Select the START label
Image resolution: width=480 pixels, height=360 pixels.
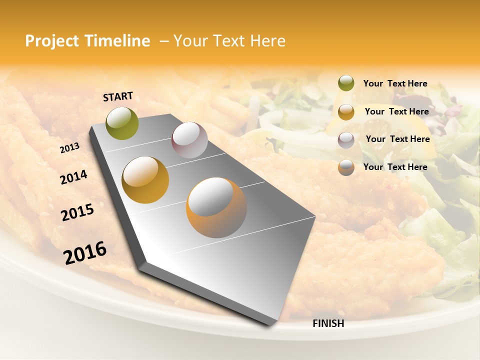coord(118,96)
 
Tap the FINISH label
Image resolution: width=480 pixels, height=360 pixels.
coord(328,323)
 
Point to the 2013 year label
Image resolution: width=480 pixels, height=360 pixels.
coord(69,148)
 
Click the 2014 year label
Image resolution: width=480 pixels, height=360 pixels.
coord(73,177)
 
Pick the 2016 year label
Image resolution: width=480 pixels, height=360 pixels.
coord(85,253)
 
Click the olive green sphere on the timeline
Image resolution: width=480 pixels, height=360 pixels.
coord(122,123)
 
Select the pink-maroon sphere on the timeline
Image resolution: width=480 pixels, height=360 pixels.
coord(189,140)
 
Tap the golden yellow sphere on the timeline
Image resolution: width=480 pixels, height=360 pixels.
coord(145,180)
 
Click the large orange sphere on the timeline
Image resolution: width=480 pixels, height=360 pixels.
coord(216,207)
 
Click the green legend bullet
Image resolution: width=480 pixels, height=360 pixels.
coord(346,83)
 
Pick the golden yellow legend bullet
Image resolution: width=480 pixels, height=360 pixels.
coord(346,111)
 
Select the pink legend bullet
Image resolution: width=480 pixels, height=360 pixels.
coord(346,139)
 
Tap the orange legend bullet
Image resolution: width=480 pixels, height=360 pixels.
coord(346,167)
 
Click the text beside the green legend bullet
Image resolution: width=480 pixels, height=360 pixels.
coord(395,83)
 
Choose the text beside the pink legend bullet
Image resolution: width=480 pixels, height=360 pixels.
coord(397,139)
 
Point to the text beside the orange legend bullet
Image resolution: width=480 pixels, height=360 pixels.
coord(395,167)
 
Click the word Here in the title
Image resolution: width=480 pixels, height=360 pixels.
coord(267,41)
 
